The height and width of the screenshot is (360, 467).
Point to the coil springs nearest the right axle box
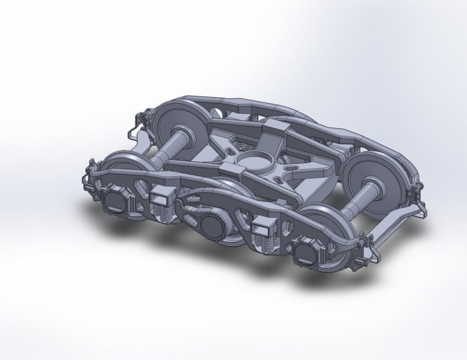(x=266, y=241)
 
